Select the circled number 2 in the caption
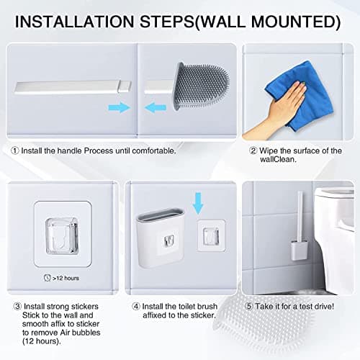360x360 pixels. pos(253,150)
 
